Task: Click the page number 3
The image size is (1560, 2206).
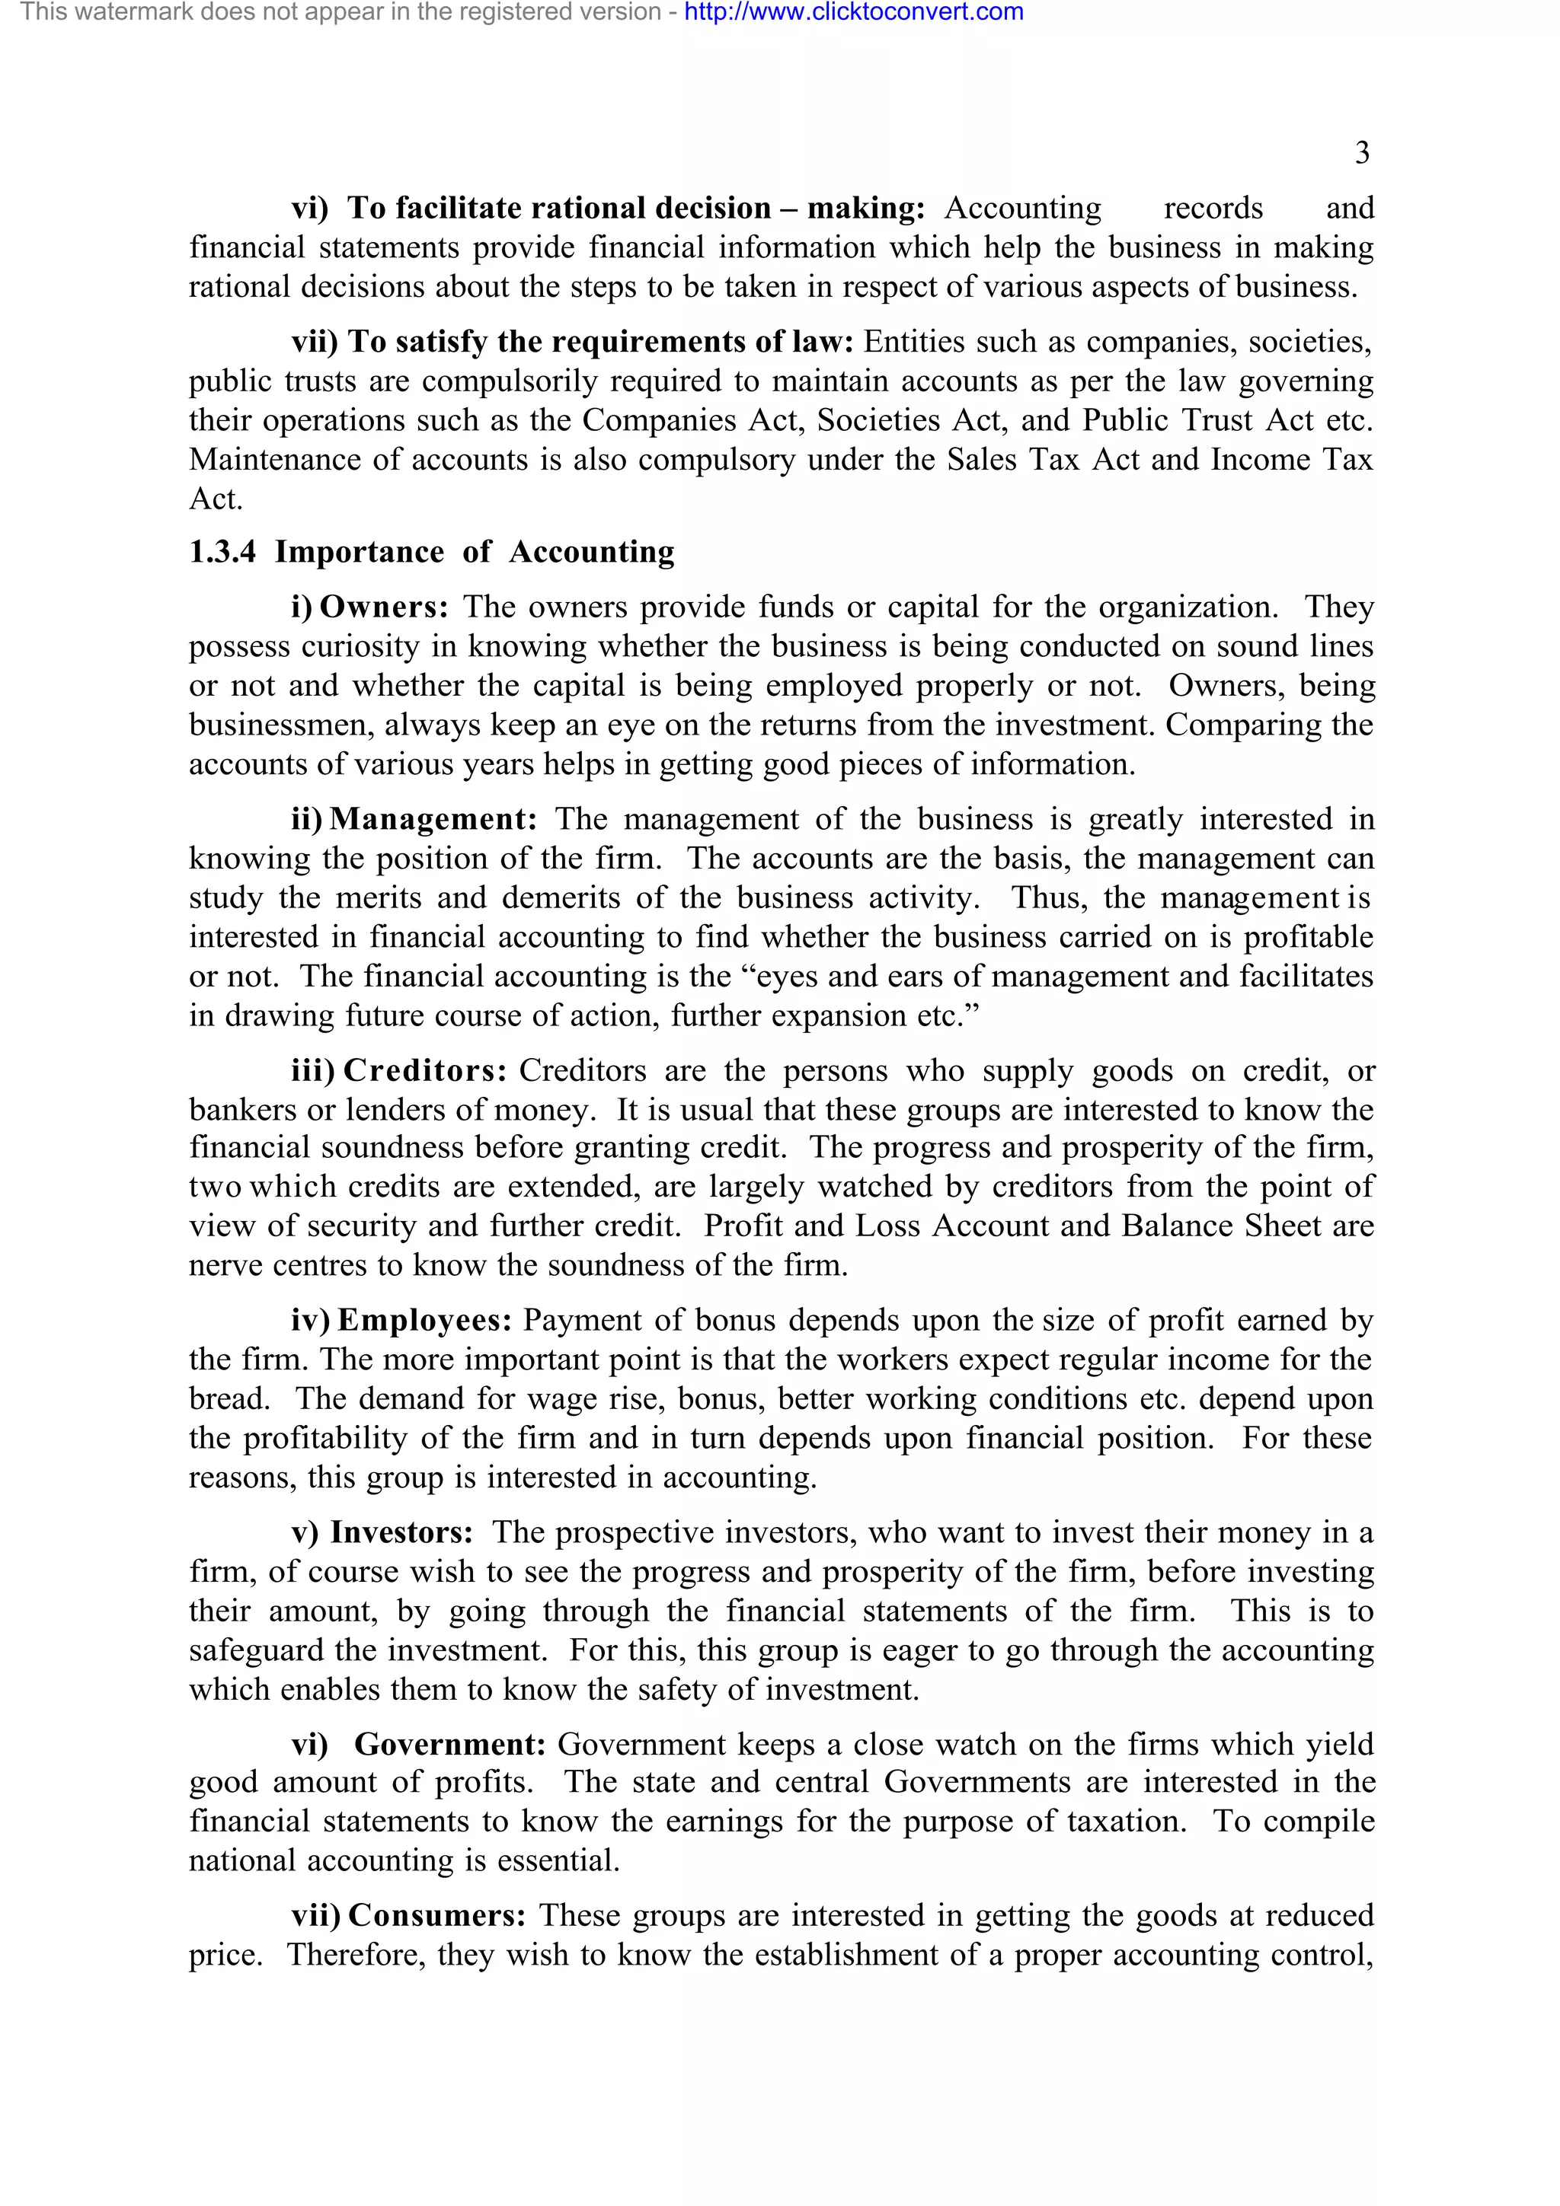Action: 1361,153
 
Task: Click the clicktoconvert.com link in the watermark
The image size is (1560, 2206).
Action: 854,12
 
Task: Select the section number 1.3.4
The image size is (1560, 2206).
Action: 222,553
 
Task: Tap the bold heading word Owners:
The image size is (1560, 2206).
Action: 383,607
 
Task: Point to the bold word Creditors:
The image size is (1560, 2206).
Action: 425,1071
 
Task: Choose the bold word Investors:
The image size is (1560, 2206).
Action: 401,1532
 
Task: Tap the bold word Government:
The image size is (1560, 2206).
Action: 450,1745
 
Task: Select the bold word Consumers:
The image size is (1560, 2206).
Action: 436,1916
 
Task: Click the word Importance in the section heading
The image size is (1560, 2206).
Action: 360,553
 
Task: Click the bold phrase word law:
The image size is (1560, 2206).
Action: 823,342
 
